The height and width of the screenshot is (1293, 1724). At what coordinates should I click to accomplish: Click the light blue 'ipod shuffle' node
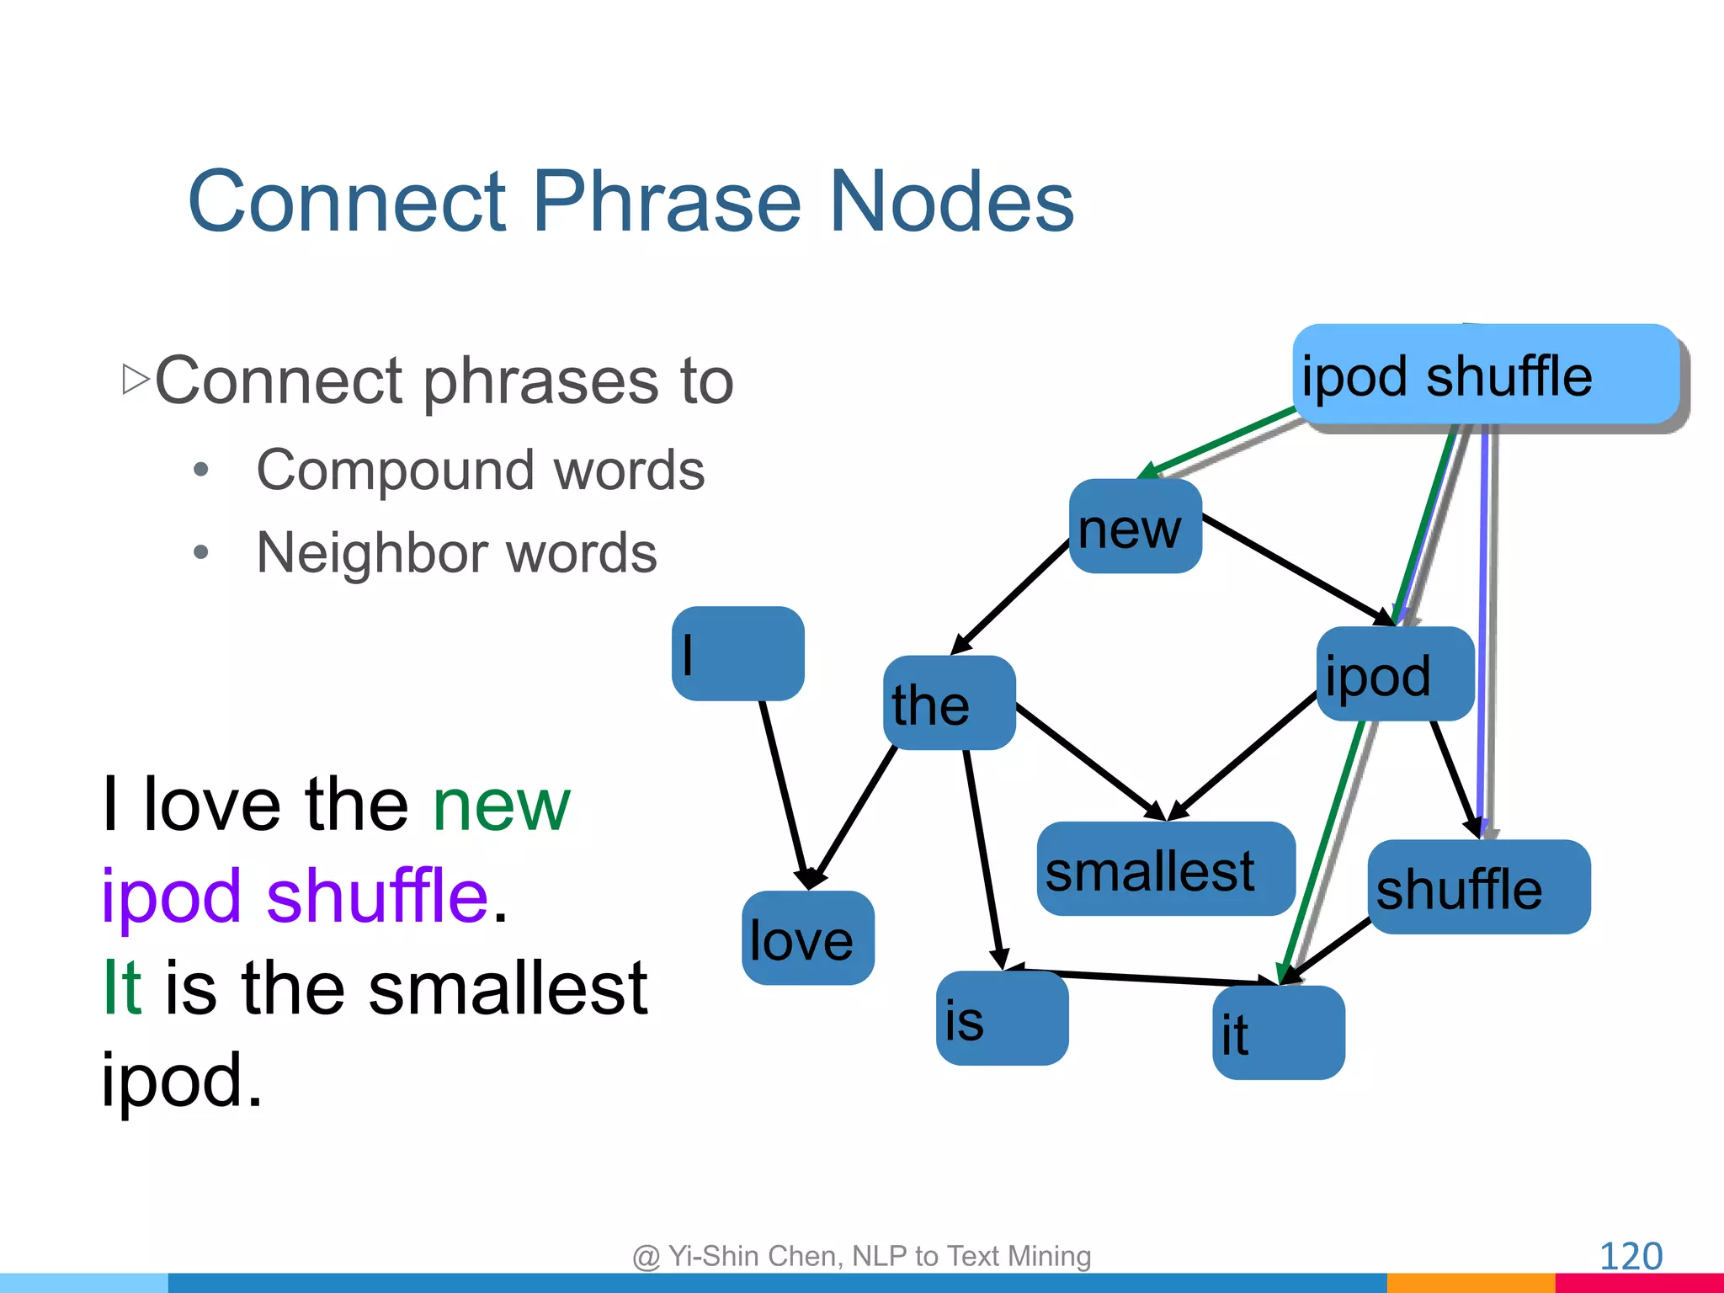tap(1485, 374)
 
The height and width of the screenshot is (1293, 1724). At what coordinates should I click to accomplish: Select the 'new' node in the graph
tap(1135, 527)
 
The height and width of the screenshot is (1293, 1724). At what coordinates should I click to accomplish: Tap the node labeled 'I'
tap(737, 653)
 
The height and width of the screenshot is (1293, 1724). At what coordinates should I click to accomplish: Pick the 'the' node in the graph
tap(949, 703)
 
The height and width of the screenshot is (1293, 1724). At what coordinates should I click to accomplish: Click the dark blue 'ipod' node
tap(1395, 673)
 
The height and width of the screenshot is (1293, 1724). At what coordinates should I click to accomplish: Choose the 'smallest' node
tap(1165, 869)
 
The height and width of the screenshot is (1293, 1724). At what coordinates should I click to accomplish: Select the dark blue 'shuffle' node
tap(1478, 887)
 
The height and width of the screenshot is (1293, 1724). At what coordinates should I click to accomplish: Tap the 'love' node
tap(807, 938)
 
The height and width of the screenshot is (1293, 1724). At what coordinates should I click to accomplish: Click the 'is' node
tap(1002, 1019)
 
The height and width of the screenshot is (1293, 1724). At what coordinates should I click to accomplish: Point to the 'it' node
tap(1278, 1033)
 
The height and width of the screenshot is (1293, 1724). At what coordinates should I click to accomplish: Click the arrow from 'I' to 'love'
tap(784, 791)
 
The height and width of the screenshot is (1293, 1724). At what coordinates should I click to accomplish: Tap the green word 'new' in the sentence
tap(502, 806)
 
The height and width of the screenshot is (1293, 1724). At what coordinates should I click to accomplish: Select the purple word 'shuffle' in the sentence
tap(377, 896)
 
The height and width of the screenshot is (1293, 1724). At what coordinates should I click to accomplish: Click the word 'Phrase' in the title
tap(670, 202)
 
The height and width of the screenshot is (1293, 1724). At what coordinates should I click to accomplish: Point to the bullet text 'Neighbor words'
tap(456, 553)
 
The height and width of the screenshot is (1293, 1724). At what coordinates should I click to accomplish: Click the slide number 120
tap(1630, 1256)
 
